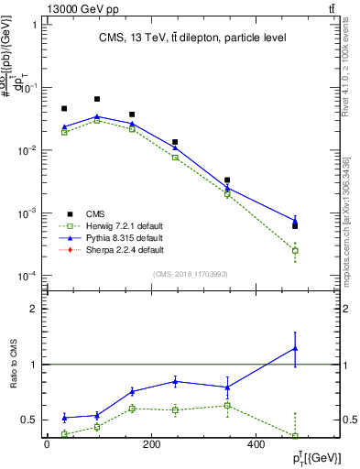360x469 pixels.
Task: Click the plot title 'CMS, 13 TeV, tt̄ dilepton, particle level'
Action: pos(192,38)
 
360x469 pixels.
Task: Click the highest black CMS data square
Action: pos(97,99)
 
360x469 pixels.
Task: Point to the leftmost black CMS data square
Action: pos(64,108)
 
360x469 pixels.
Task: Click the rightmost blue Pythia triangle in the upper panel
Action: pos(295,221)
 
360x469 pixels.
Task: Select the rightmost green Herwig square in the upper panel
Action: pos(295,250)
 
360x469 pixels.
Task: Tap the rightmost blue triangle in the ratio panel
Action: pos(295,348)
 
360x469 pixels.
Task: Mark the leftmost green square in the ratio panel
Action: pos(64,434)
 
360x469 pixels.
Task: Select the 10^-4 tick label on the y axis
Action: pos(26,277)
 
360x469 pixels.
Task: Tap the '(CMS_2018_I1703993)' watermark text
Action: pos(191,273)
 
